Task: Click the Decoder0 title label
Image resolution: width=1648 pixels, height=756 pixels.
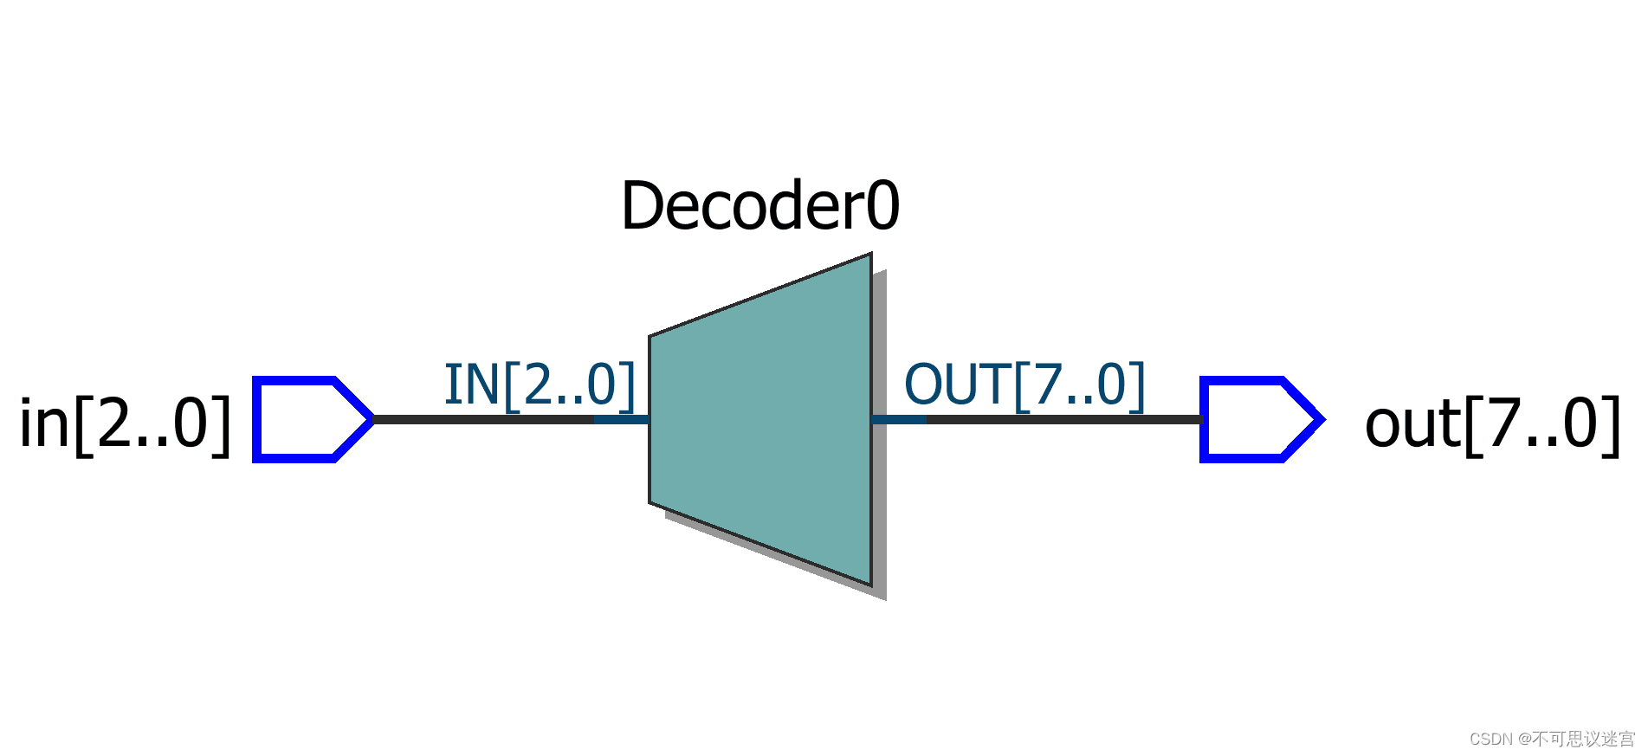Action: [x=760, y=206]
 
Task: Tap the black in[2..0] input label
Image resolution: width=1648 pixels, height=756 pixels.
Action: [x=126, y=423]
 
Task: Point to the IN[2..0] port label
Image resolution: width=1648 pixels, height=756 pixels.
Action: [x=540, y=384]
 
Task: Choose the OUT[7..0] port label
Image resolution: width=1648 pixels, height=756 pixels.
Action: [x=1024, y=384]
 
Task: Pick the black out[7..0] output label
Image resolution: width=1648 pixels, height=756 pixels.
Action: [x=1491, y=423]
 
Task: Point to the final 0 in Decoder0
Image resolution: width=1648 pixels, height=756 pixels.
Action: [x=883, y=206]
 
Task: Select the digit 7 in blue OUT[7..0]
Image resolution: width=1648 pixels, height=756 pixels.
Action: [x=1050, y=384]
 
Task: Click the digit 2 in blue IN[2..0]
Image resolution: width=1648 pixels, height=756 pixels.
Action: [x=538, y=384]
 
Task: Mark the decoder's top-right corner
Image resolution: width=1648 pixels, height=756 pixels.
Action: [x=870, y=255]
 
